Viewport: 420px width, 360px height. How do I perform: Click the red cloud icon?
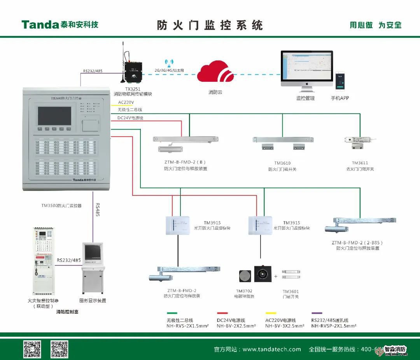(215, 72)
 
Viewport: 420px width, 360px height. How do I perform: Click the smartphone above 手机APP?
(340, 82)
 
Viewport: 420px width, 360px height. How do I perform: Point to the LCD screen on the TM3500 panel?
(54, 115)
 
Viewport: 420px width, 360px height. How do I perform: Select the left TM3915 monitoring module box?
(177, 225)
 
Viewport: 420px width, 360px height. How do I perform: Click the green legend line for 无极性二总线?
(172, 313)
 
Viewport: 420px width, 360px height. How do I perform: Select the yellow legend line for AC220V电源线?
(271, 313)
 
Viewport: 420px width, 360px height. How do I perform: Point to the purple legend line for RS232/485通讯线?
(317, 313)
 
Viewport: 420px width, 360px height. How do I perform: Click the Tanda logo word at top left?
(40, 25)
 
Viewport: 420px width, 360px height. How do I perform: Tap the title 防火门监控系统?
(210, 25)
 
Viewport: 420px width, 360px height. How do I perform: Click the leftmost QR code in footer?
(32, 349)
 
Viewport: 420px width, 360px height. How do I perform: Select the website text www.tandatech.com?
(271, 349)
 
